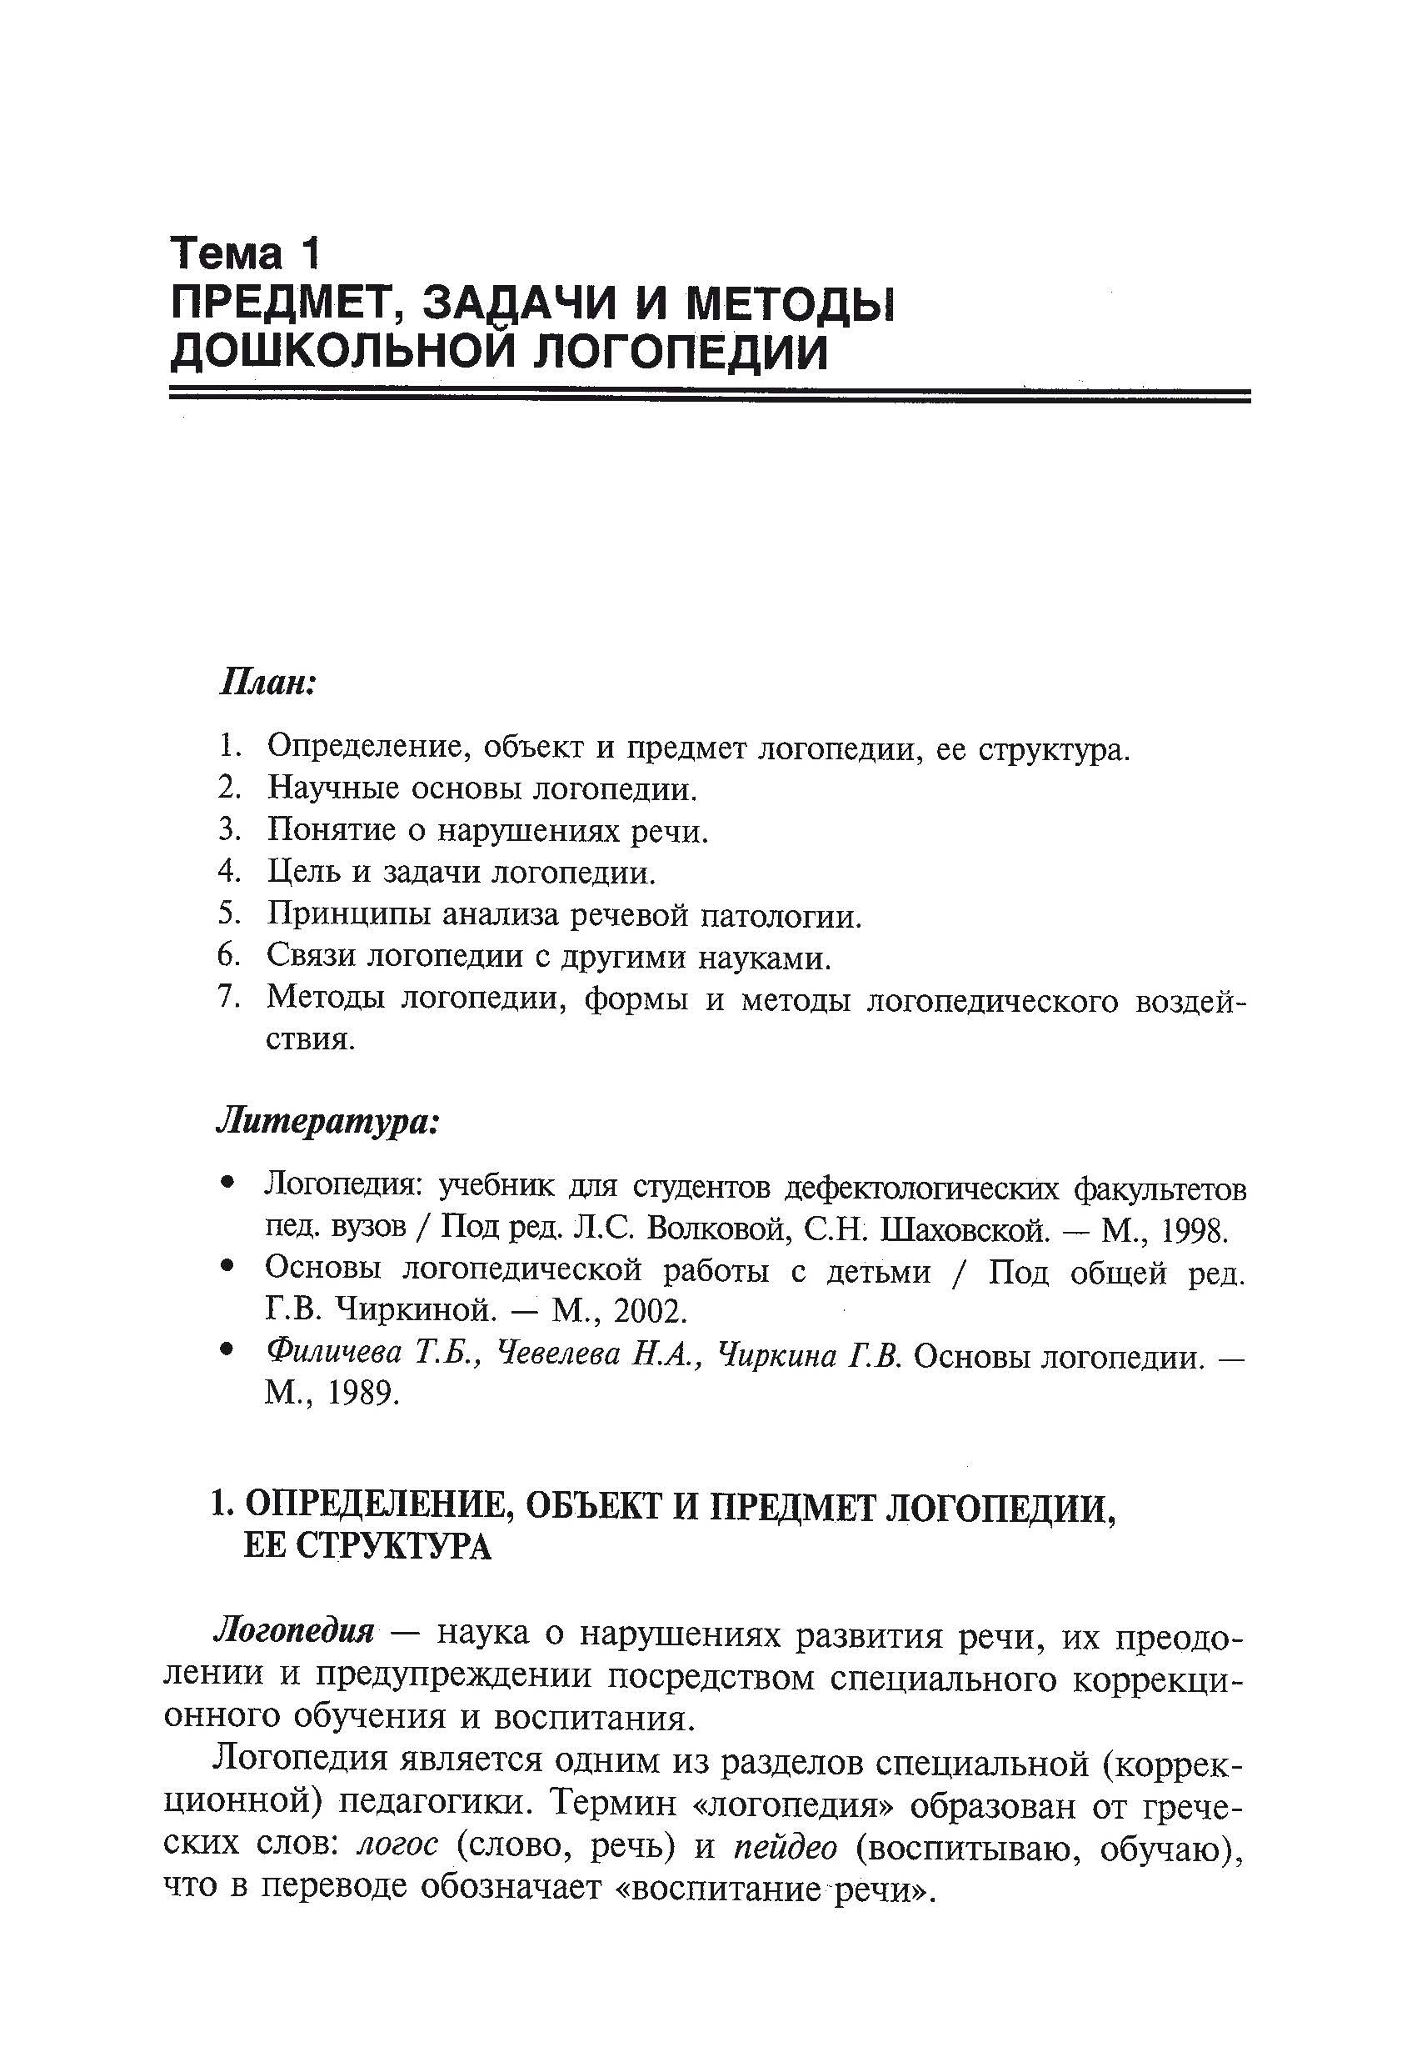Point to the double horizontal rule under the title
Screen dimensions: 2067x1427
(x=709, y=395)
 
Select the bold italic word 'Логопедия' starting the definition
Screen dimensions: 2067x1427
(x=294, y=1631)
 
